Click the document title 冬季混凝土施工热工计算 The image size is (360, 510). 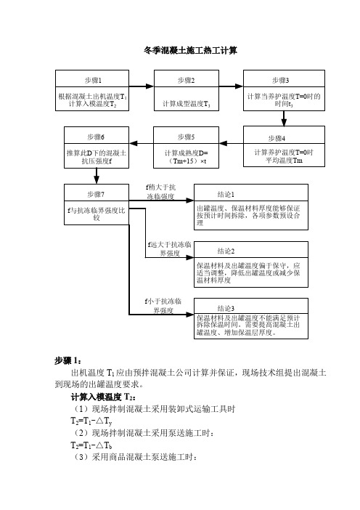tap(190, 50)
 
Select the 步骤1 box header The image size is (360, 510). tap(93, 81)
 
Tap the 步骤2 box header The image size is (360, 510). tap(187, 80)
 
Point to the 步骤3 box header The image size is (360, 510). tap(280, 80)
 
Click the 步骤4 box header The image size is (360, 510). tap(277, 138)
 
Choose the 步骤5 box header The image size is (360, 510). tap(187, 137)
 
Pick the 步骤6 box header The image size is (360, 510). tap(96, 137)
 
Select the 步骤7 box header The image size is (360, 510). tap(96, 194)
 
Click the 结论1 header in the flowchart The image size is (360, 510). tap(226, 194)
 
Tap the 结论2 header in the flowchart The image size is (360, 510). tap(226, 251)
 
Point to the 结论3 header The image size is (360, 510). tap(226, 308)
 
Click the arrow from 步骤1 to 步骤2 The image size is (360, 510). tap(142, 86)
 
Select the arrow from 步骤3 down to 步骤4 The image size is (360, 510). tap(284, 118)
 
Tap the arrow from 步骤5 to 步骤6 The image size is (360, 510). tap(142, 143)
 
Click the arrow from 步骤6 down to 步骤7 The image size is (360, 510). tap(97, 176)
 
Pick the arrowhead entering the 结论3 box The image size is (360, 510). tap(189, 315)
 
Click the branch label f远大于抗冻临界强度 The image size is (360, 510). tap(169, 248)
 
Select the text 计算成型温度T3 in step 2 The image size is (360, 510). tap(187, 104)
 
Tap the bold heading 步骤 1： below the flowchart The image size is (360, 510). tap(68, 360)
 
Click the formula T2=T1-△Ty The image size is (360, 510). tap(91, 421)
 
